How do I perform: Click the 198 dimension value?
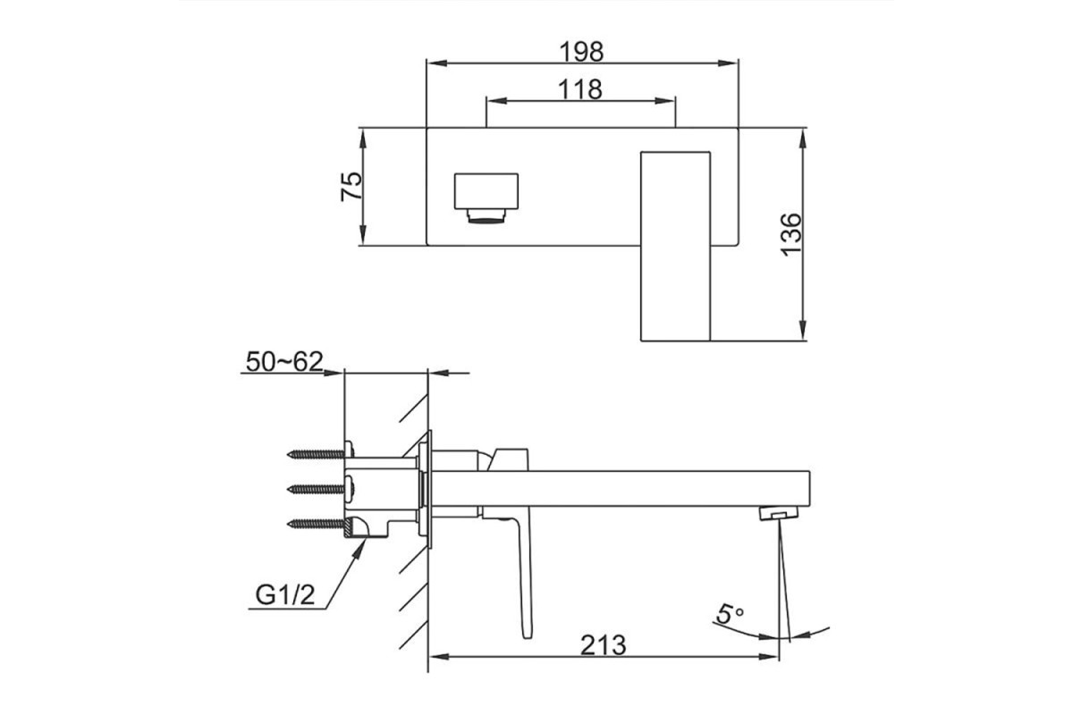pyautogui.click(x=581, y=51)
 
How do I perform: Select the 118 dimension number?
pyautogui.click(x=580, y=89)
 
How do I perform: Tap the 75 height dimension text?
pyautogui.click(x=351, y=186)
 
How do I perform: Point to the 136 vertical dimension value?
pyautogui.click(x=790, y=235)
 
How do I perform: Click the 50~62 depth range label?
pyautogui.click(x=284, y=362)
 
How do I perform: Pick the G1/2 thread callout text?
pyautogui.click(x=285, y=595)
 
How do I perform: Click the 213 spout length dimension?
pyautogui.click(x=603, y=645)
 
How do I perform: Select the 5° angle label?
pyautogui.click(x=729, y=614)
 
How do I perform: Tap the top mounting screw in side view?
pyautogui.click(x=321, y=453)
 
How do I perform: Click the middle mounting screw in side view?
pyautogui.click(x=321, y=489)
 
